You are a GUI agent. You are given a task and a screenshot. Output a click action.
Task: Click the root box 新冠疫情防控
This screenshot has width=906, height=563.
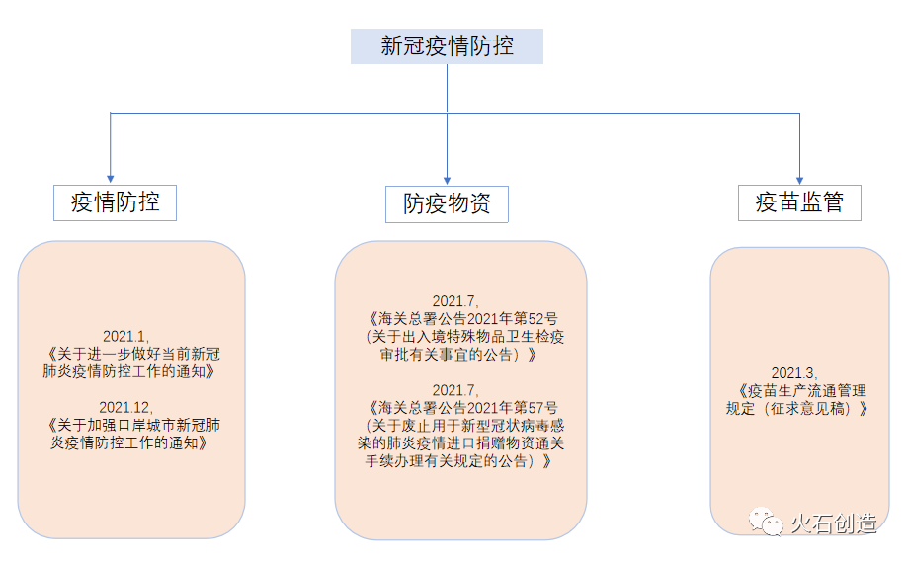(447, 46)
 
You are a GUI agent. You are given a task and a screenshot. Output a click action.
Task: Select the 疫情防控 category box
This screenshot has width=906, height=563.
(115, 202)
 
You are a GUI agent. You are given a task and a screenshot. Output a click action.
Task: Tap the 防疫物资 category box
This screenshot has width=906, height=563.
(447, 204)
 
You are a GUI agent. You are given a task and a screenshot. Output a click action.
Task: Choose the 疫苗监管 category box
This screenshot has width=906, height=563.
(799, 202)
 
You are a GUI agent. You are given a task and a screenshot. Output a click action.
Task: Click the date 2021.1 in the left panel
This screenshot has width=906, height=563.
(124, 336)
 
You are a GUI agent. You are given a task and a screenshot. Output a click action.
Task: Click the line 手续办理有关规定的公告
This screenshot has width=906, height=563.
(453, 461)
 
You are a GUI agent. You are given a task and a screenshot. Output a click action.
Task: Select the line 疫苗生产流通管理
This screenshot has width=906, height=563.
(802, 390)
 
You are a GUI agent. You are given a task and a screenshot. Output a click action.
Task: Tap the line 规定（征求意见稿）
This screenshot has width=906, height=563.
(797, 408)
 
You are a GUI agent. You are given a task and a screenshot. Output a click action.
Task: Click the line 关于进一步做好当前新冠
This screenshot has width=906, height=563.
(132, 354)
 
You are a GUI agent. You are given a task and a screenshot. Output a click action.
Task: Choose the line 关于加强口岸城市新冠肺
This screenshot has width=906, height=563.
(132, 425)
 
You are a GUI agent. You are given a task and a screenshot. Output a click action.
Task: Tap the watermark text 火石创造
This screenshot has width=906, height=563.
(834, 523)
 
